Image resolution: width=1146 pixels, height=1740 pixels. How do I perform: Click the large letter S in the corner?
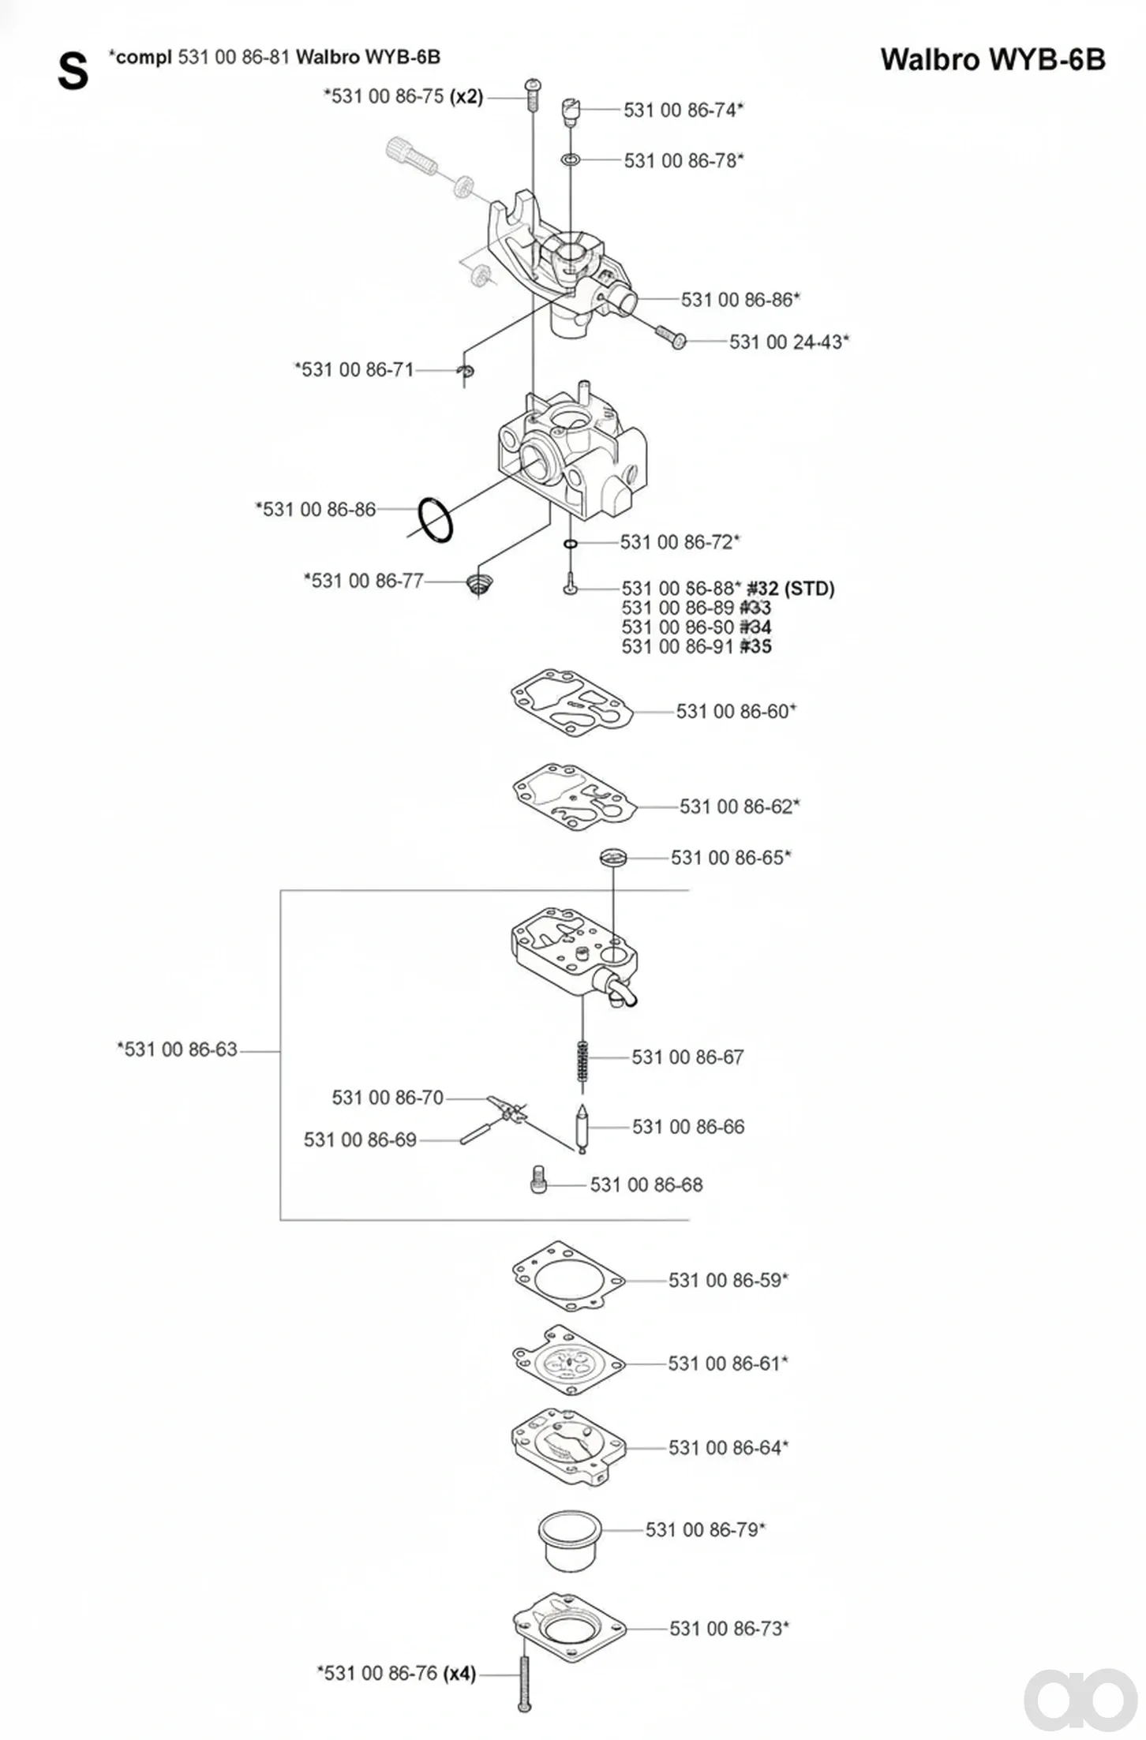73,72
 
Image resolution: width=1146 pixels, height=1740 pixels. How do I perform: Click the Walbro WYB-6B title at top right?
992,60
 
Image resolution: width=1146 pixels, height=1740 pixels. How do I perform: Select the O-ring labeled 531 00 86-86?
435,520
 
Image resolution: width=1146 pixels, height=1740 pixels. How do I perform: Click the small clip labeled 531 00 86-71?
467,371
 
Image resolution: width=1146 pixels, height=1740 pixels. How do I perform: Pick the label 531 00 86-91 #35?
696,646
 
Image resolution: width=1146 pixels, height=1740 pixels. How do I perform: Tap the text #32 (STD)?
791,588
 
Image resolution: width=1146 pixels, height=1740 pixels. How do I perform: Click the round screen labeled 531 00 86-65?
612,857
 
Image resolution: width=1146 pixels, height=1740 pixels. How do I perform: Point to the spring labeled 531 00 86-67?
582,1061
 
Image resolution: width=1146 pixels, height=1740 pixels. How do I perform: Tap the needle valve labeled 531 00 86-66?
582,1127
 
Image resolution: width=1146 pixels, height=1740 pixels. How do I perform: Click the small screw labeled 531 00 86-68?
539,1181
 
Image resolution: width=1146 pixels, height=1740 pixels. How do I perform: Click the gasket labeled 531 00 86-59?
568,1277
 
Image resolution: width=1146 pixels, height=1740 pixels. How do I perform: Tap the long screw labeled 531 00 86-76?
524,1684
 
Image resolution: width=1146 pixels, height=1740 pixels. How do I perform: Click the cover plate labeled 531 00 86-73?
569,1627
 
